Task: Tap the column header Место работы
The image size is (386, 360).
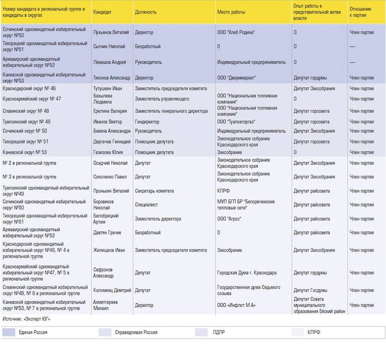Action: coord(231,12)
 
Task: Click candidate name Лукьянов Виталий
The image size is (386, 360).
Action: coord(110,33)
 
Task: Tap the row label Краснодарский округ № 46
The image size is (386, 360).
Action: coord(29,89)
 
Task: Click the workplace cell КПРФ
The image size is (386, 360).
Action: coord(224,191)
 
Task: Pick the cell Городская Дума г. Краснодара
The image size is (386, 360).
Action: coord(247,273)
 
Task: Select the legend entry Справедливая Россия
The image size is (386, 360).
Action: coord(136,332)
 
